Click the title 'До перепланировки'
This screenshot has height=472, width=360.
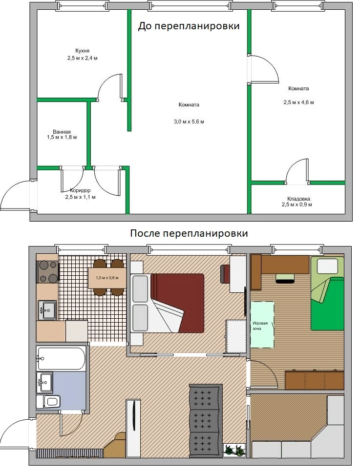tap(189, 26)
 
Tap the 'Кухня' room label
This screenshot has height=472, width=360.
tap(82, 51)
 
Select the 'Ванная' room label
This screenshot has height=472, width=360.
tap(62, 131)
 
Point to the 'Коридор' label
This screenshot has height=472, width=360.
tap(80, 190)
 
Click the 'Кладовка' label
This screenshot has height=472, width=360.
tap(298, 199)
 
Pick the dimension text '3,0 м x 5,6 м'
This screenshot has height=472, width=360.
tap(189, 122)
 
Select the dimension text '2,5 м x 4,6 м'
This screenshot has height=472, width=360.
tap(298, 103)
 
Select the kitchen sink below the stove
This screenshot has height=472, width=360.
tap(47, 309)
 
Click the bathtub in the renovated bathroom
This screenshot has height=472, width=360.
tap(62, 358)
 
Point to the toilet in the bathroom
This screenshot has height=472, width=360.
tap(50, 402)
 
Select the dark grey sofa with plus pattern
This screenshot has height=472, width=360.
tap(205, 420)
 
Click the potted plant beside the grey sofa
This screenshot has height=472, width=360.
tap(234, 450)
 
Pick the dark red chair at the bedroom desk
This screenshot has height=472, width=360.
tap(225, 273)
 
